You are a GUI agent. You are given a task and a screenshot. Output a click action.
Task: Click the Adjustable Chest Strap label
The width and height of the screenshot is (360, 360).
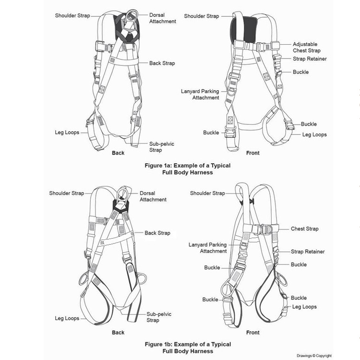(x=307, y=48)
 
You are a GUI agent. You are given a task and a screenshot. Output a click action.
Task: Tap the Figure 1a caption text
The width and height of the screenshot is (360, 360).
(x=188, y=169)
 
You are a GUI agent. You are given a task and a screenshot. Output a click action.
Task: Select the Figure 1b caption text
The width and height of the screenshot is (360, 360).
(x=188, y=348)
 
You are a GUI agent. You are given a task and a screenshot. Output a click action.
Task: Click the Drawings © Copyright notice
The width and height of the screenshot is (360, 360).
(x=314, y=356)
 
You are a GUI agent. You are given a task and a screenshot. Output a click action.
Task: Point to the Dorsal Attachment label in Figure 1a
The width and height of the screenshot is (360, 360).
(x=163, y=18)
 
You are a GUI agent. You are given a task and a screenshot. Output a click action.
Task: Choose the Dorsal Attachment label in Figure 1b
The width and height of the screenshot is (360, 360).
(x=153, y=196)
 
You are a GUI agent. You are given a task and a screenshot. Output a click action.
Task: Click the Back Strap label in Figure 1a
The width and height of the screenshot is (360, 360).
(x=162, y=63)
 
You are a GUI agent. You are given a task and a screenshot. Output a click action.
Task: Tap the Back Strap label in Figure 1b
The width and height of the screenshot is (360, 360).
(x=157, y=233)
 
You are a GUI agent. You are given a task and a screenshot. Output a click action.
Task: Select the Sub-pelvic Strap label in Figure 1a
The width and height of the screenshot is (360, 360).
(x=162, y=147)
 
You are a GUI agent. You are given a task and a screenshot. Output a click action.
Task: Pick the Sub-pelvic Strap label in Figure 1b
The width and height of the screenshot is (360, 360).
(x=159, y=317)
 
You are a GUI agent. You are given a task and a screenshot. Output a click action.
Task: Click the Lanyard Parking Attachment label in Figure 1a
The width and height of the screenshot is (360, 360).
(x=200, y=95)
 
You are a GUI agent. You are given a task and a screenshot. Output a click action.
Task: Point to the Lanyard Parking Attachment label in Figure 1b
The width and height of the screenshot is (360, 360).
(x=207, y=248)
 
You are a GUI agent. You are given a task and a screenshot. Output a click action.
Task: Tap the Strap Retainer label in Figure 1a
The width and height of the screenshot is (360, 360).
(x=310, y=59)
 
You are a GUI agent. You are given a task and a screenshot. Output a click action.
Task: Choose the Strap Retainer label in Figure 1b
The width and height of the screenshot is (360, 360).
(x=308, y=252)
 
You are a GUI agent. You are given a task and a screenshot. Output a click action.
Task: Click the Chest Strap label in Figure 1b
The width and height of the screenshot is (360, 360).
(x=304, y=228)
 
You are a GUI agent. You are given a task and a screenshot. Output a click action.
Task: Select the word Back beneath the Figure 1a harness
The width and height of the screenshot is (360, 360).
(x=118, y=153)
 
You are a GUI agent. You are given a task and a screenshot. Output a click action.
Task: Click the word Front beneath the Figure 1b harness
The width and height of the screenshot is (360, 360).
(x=253, y=333)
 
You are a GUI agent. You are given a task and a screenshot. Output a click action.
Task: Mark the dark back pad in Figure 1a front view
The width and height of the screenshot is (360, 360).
(x=243, y=30)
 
